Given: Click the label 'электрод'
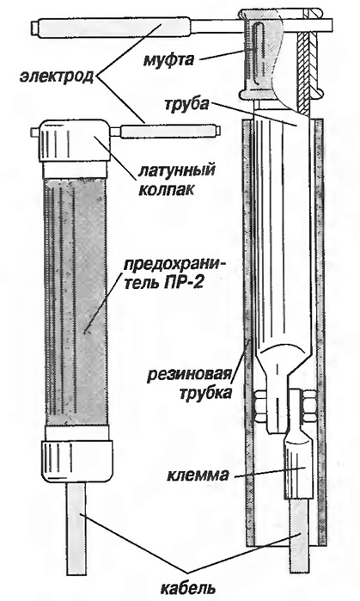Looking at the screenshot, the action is tap(57, 76).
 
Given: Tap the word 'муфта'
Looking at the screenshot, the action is tap(168, 59).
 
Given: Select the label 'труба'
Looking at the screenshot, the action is tap(186, 103).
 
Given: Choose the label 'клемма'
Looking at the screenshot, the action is tap(198, 475).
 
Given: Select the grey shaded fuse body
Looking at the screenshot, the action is tap(75, 302).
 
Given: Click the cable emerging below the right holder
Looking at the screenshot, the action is tap(300, 536).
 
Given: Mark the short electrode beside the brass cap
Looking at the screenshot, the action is tap(170, 132).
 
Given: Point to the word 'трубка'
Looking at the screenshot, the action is tap(205, 393).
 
